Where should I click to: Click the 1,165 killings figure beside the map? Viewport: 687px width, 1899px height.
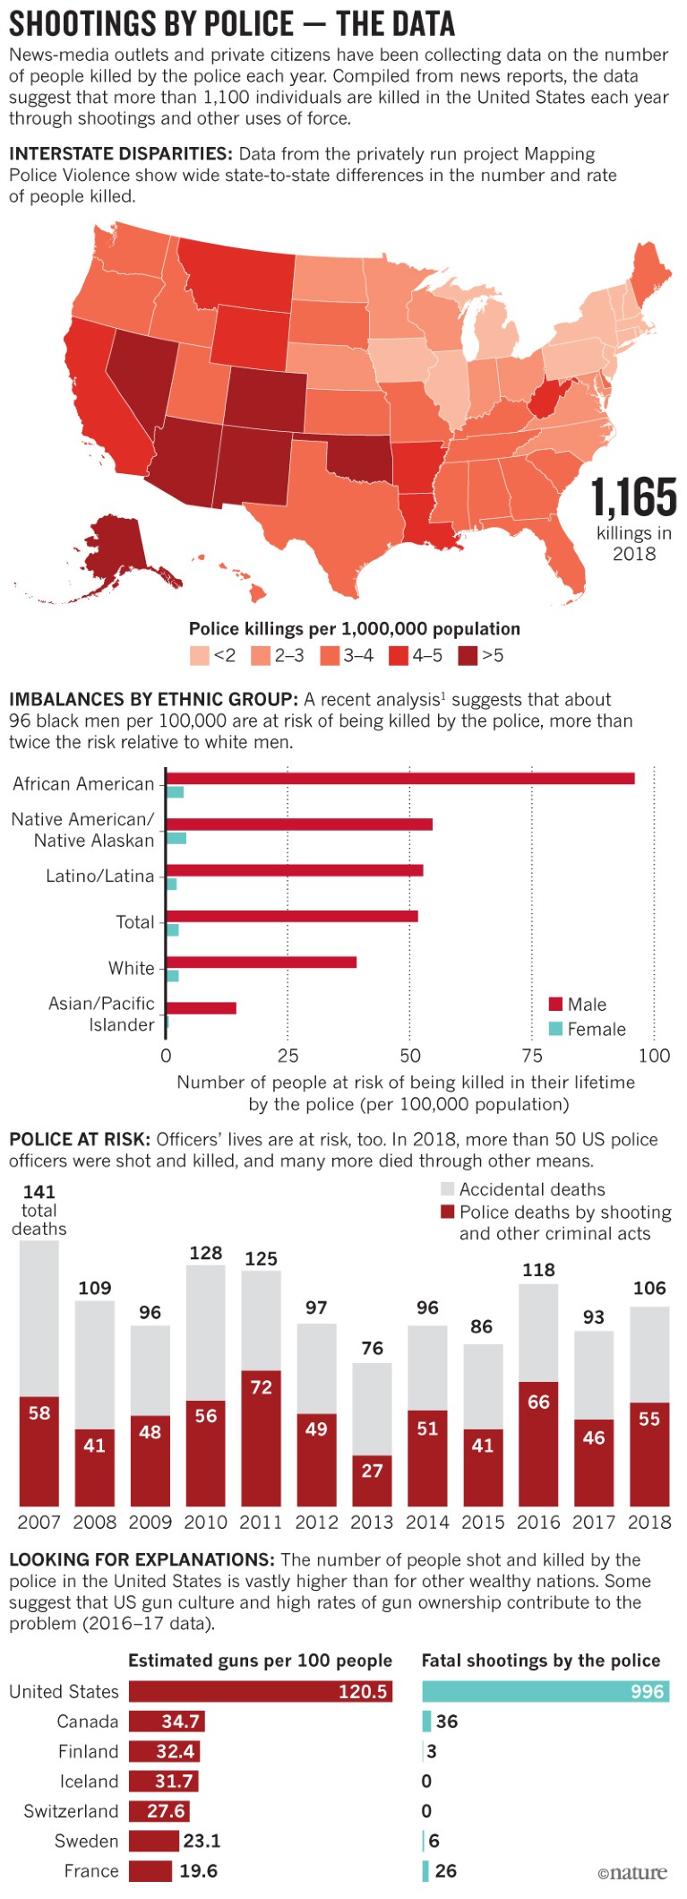pyautogui.click(x=633, y=498)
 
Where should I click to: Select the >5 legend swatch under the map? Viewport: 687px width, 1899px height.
pyautogui.click(x=468, y=656)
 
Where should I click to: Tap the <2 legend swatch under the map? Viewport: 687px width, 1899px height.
pyautogui.click(x=199, y=656)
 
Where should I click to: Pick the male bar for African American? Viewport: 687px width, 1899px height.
pyautogui.click(x=399, y=778)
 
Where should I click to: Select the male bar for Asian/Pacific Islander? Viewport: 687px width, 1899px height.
pyautogui.click(x=201, y=1008)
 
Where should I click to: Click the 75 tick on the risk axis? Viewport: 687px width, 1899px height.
pyautogui.click(x=532, y=1056)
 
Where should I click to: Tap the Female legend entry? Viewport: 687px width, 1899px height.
pyautogui.click(x=587, y=1029)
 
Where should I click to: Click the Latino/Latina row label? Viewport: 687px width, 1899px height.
pyautogui.click(x=100, y=876)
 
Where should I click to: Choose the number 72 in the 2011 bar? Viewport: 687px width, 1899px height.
pyautogui.click(x=262, y=1387)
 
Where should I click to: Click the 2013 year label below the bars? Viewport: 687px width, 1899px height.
pyautogui.click(x=372, y=1522)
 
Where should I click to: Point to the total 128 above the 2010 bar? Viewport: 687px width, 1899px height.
pyautogui.click(x=206, y=1253)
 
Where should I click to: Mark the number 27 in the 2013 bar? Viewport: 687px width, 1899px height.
pyautogui.click(x=373, y=1471)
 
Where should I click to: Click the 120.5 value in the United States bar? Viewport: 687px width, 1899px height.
pyautogui.click(x=363, y=1691)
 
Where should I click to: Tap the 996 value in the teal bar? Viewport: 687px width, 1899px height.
pyautogui.click(x=647, y=1691)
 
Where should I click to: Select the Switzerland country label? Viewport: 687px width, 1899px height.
pyautogui.click(x=71, y=1811)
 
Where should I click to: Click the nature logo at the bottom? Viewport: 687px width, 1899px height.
pyautogui.click(x=632, y=1872)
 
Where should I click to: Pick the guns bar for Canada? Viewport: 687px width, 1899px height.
pyautogui.click(x=167, y=1722)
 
